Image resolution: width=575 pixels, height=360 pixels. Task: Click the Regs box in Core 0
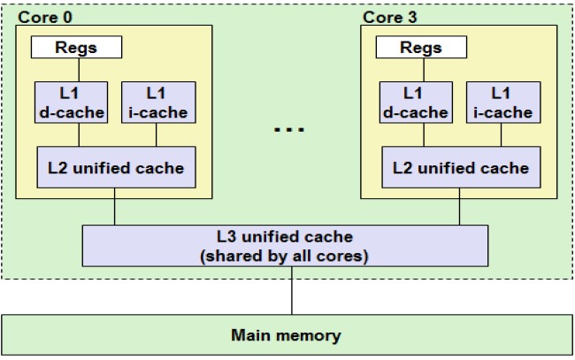77,48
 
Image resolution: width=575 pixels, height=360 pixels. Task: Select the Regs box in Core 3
421,48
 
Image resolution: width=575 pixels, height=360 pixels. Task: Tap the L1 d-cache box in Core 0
71,102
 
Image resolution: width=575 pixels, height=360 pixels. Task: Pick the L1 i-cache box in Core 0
156,102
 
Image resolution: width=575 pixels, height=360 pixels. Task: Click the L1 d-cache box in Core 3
413,102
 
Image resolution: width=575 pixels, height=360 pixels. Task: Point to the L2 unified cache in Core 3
460,167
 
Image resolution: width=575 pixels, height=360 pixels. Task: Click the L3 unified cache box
285,245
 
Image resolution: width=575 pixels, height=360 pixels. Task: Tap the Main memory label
286,335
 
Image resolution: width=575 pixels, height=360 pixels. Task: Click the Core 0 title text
42,16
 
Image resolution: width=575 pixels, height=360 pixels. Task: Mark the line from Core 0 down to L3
114,211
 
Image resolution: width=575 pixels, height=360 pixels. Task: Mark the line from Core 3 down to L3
459,211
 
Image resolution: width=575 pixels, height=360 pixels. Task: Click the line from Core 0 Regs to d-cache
77,70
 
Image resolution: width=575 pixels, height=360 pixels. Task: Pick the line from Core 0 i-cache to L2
156,134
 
